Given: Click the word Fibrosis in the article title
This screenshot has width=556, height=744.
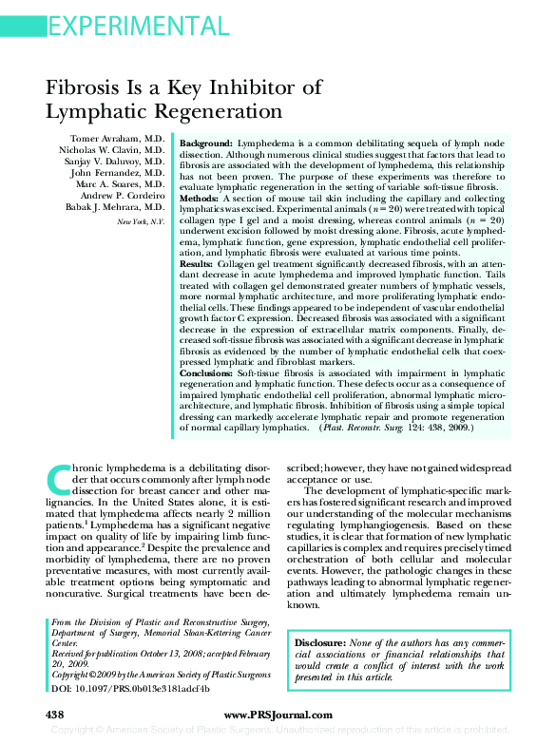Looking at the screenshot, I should pos(87,88).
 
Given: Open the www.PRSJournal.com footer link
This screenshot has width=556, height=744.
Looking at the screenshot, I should pos(278,715).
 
